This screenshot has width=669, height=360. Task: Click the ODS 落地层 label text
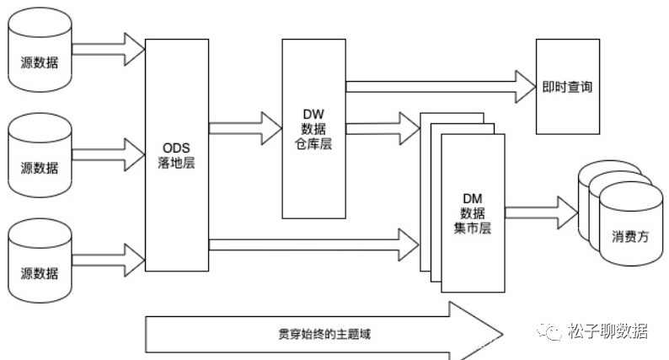[x=176, y=155]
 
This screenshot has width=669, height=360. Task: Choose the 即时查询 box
[x=567, y=86]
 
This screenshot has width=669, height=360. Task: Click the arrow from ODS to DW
[x=245, y=128]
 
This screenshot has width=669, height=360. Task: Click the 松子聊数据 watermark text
[x=608, y=330]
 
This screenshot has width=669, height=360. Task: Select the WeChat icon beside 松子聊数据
[x=552, y=331]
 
